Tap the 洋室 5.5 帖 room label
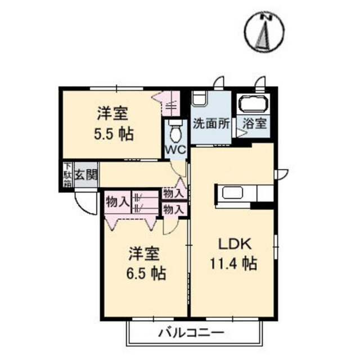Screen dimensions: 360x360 point(114,124)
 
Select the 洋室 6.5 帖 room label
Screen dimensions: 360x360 point(146,263)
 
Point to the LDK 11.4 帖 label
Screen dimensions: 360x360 point(234,254)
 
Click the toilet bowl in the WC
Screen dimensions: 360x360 point(175,133)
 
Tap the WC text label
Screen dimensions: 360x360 point(176,150)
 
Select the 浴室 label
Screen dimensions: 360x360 point(255,124)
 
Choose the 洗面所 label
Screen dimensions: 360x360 point(211,124)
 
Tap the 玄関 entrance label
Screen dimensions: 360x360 point(86,175)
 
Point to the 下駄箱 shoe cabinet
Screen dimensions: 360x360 point(67,174)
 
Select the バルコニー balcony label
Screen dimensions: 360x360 point(191,332)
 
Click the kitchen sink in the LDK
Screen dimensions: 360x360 point(232,193)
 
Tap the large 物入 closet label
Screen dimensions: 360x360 point(117,202)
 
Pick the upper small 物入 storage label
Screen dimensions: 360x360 point(174,193)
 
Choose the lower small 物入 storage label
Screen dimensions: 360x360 point(174,209)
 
